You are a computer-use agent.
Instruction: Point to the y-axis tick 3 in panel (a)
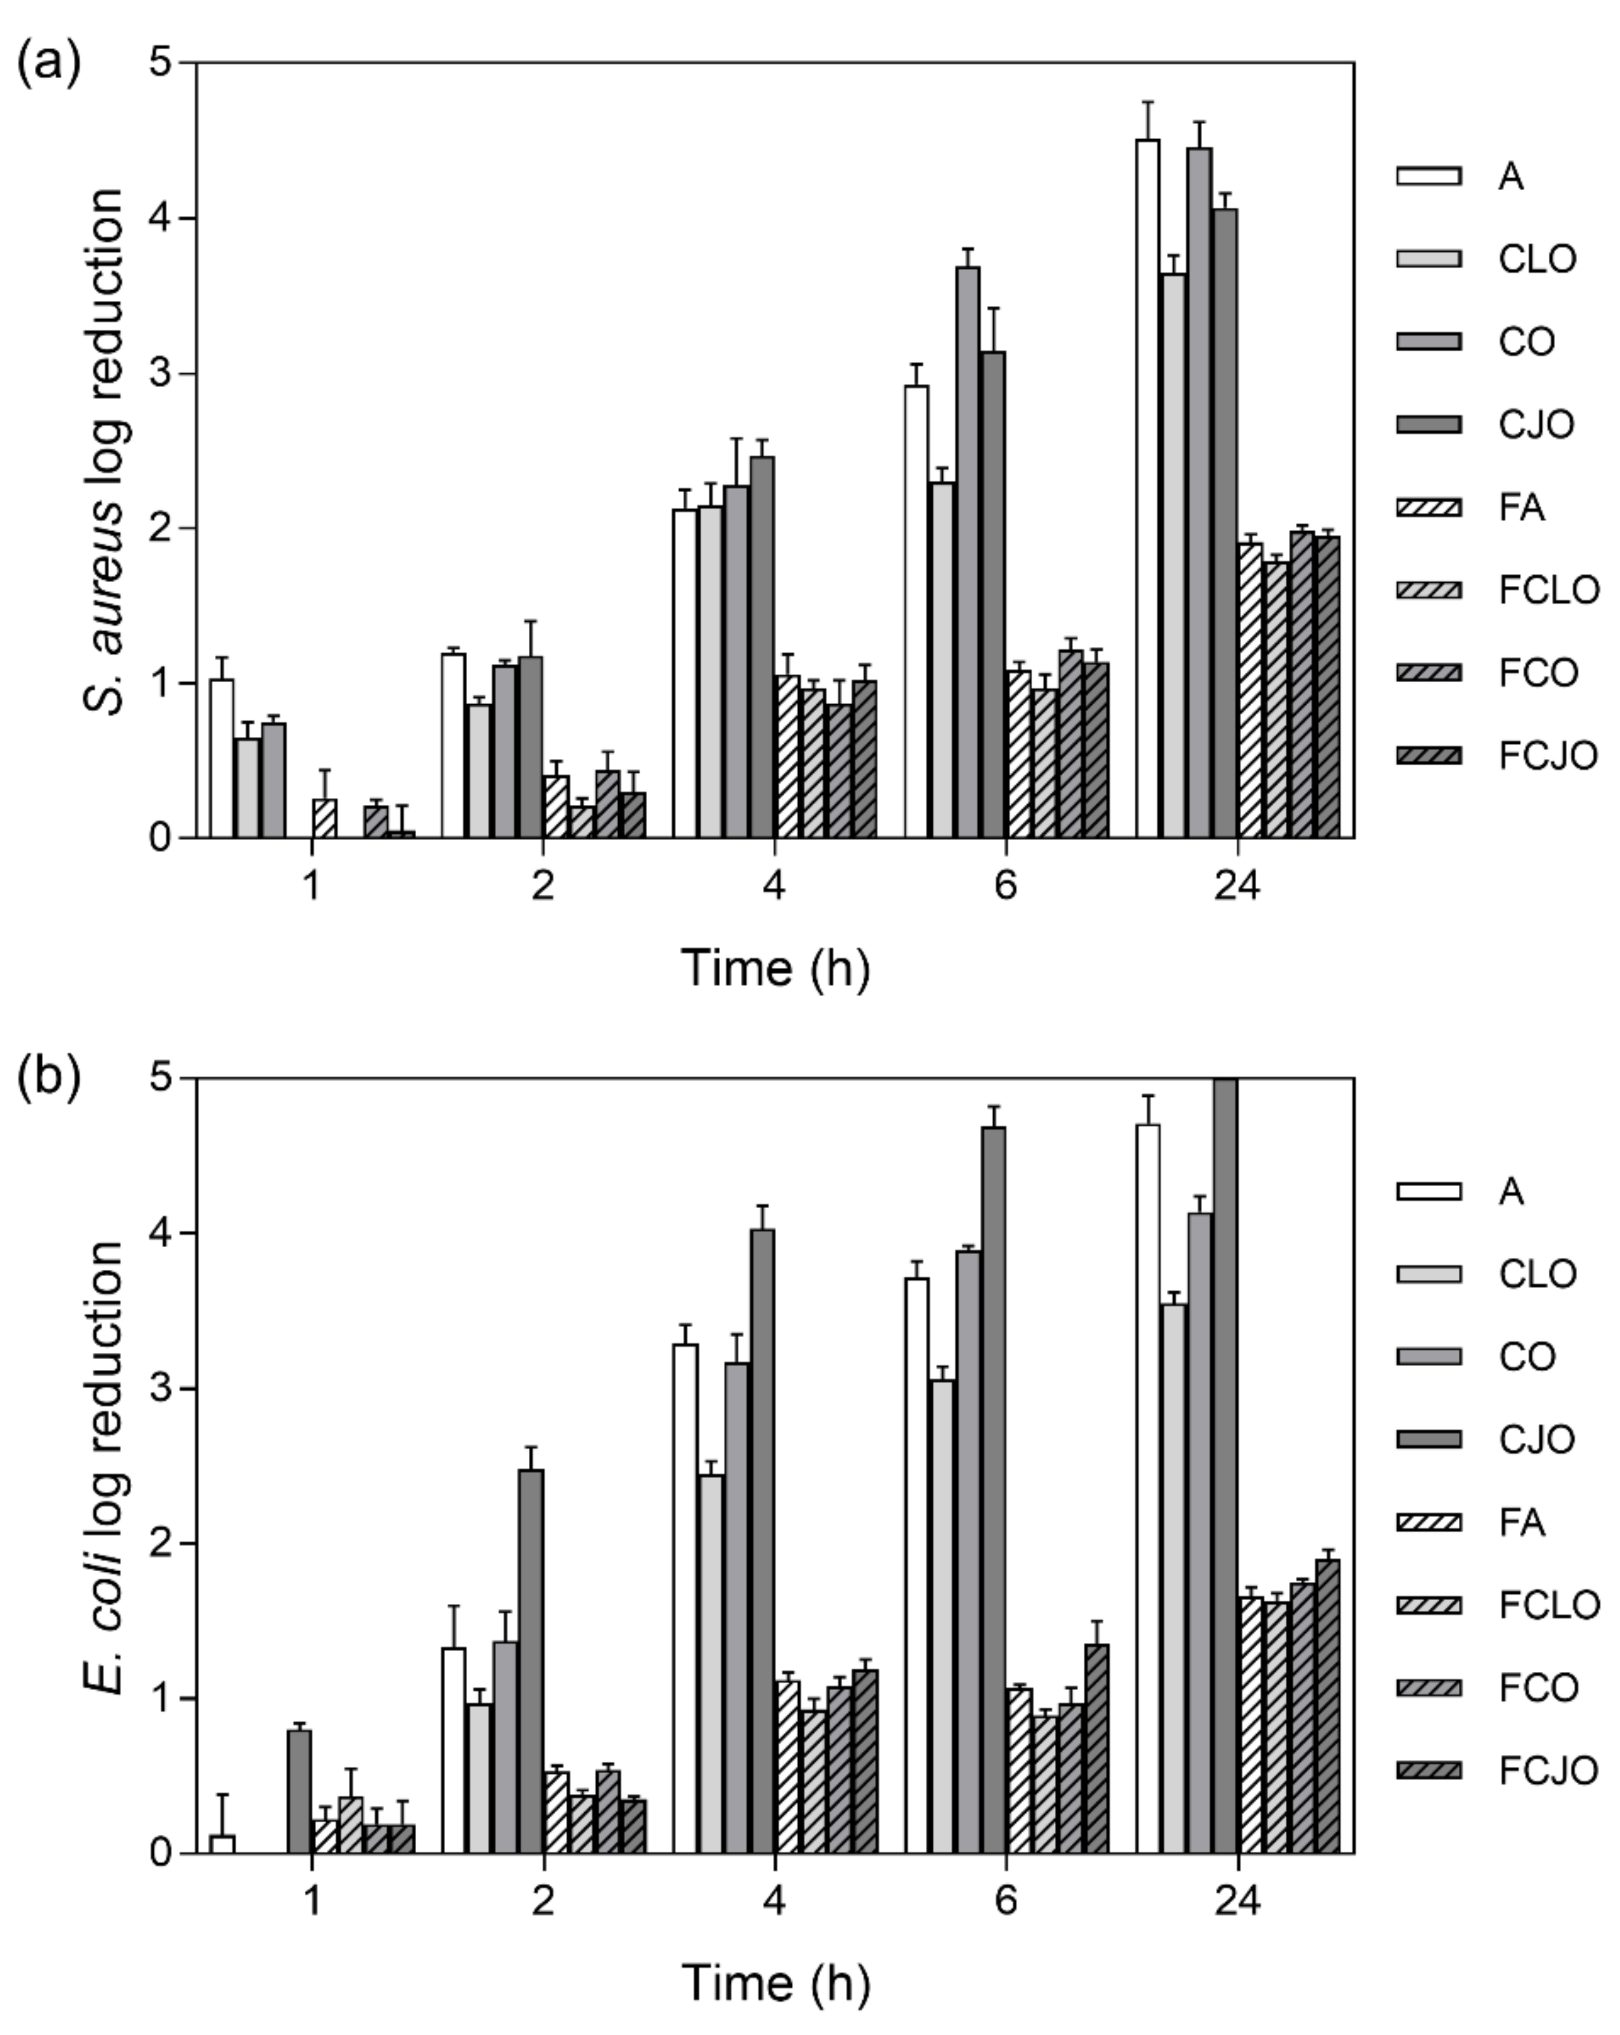click(164, 374)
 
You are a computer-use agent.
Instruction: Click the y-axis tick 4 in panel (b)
click(164, 1234)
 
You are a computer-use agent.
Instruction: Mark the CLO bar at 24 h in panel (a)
click(1173, 557)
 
